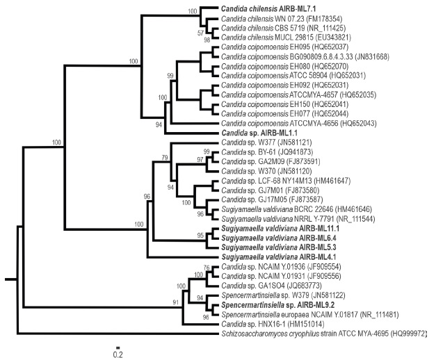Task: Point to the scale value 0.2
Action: [119, 354]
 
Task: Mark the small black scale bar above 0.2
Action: [119, 346]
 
